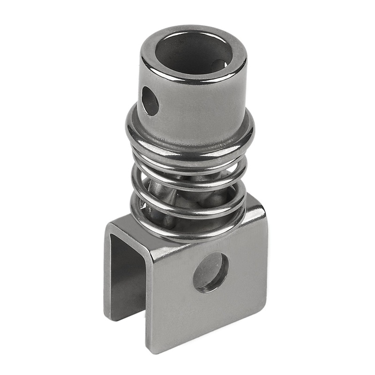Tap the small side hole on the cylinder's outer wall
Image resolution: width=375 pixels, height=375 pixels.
pyautogui.click(x=150, y=100)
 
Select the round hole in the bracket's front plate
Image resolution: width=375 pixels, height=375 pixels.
pyautogui.click(x=210, y=272)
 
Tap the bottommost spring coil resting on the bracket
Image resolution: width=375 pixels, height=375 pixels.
pyautogui.click(x=187, y=232)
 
